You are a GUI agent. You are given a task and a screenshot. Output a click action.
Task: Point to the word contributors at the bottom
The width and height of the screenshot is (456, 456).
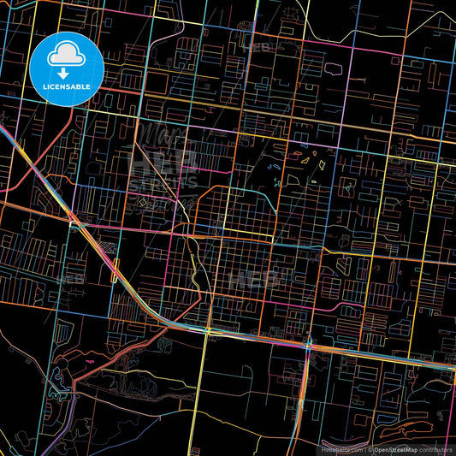[x=435, y=448]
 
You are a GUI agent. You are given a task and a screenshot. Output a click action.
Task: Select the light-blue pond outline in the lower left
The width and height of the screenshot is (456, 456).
[x=60, y=373]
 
